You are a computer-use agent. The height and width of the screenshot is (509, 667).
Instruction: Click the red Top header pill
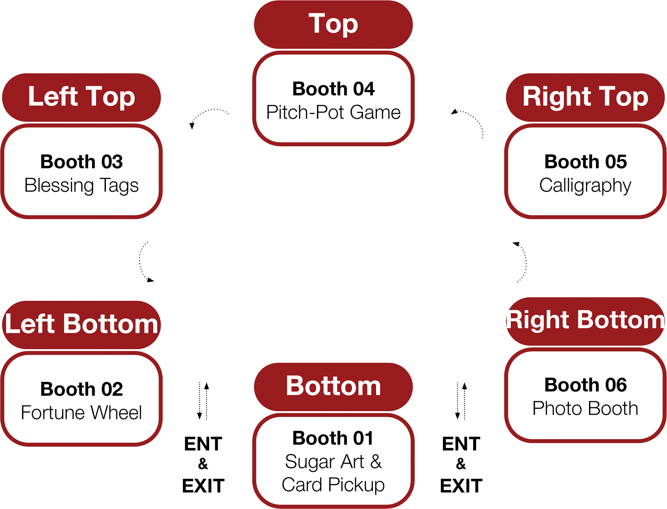[333, 24]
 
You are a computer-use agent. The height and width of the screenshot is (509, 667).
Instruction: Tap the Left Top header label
[81, 97]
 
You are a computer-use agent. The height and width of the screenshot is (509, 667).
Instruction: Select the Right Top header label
[585, 97]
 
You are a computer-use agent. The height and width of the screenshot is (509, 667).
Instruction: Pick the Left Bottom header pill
[81, 324]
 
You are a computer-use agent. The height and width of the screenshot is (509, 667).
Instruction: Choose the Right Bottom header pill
[585, 321]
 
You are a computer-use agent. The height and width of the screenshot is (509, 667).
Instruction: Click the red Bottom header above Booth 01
[333, 386]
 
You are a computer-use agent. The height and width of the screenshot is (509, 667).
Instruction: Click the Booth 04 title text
[333, 89]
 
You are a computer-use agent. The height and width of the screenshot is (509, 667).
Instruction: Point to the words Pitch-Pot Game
[333, 112]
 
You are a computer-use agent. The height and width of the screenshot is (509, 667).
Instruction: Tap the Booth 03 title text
[81, 162]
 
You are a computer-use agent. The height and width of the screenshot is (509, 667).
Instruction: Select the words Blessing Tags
[81, 185]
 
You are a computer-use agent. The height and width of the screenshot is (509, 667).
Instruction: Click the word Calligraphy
[585, 185]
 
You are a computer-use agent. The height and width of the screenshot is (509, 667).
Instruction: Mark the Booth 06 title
[585, 385]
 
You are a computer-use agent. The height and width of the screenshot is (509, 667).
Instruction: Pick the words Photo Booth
[585, 408]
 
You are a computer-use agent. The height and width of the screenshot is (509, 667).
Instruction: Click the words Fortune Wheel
[81, 412]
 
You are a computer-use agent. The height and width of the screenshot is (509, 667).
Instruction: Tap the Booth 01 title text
[333, 438]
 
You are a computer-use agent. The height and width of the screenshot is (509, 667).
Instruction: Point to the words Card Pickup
[333, 485]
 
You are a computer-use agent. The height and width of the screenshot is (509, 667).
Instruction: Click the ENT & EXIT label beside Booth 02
[203, 465]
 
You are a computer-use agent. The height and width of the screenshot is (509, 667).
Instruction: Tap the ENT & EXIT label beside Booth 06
[461, 465]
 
